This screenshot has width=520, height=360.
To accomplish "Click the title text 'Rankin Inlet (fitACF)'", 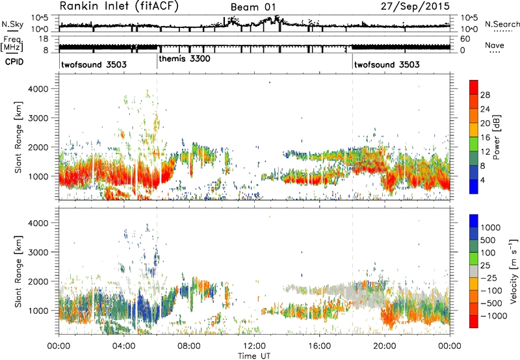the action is tap(119, 6).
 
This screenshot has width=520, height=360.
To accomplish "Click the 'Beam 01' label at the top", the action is tap(253, 7).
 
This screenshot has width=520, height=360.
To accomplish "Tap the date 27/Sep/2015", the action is tap(415, 6).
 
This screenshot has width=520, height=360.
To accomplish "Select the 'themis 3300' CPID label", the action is tap(185, 59).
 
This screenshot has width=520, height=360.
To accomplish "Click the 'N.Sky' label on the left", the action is tap(12, 24).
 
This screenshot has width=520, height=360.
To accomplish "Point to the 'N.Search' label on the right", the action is tap(502, 24).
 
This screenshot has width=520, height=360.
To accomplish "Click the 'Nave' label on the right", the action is tap(495, 45).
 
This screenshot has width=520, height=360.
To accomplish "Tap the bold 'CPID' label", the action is tap(14, 62).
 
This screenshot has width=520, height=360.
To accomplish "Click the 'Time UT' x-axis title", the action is tap(254, 356).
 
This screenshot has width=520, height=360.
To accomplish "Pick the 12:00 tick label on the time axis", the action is tap(254, 346).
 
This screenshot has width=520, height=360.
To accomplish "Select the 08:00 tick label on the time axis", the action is tap(189, 346).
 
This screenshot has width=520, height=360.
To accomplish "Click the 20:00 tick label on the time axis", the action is tap(385, 346).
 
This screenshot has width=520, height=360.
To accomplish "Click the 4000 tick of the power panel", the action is tap(39, 89).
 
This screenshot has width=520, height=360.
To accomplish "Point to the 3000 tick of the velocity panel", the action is tap(39, 252).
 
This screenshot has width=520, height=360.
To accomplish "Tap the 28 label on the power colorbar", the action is tap(485, 95).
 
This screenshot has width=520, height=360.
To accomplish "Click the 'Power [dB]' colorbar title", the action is tap(497, 137).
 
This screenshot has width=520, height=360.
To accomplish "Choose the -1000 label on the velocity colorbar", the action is tap(494, 316).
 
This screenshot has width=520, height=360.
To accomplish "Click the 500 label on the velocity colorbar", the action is tap(487, 240).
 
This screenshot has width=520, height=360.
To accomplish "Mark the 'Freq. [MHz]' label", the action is tap(12, 44).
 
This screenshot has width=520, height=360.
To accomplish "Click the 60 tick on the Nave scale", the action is tap(465, 39).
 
